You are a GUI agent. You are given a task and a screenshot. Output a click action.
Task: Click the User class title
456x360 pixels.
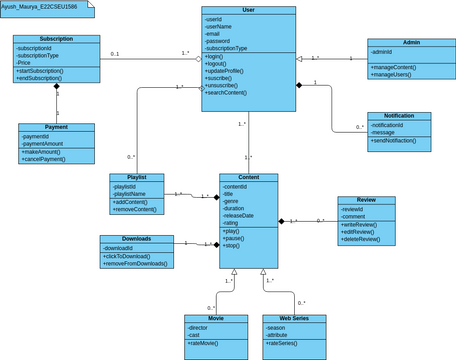pos(248,10)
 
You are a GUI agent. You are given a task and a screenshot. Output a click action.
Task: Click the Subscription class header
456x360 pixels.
pos(56,39)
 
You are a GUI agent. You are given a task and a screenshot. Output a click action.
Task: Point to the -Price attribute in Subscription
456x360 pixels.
pos(25,62)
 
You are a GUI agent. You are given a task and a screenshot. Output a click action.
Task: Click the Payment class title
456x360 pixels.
pos(56,128)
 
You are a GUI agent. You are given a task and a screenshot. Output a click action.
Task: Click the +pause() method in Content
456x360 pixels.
pos(235,240)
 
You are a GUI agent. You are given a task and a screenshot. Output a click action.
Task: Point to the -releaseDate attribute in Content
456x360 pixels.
pos(241,215)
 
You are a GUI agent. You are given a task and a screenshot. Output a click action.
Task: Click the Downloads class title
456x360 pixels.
pos(136,239)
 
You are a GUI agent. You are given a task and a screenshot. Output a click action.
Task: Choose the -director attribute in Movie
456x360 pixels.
pos(200,327)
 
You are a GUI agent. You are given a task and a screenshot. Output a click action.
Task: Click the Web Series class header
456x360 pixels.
pos(293,318)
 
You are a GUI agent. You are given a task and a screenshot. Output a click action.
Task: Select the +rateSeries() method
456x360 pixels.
pos(284,344)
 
